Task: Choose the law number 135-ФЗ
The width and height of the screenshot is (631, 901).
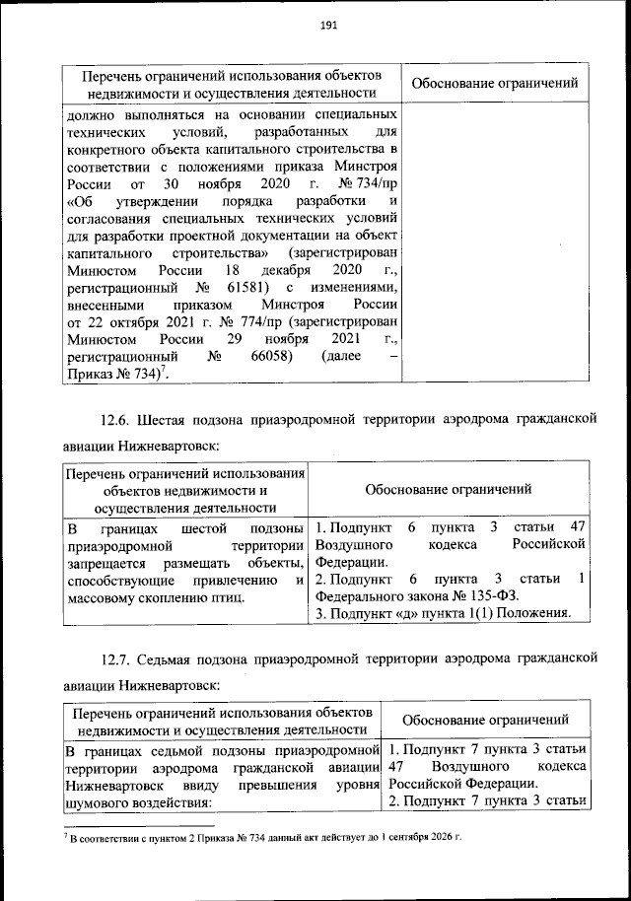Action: pos(484,595)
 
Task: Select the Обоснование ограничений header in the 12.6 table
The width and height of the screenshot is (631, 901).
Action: pos(449,489)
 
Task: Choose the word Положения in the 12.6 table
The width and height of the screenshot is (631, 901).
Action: pos(536,613)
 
